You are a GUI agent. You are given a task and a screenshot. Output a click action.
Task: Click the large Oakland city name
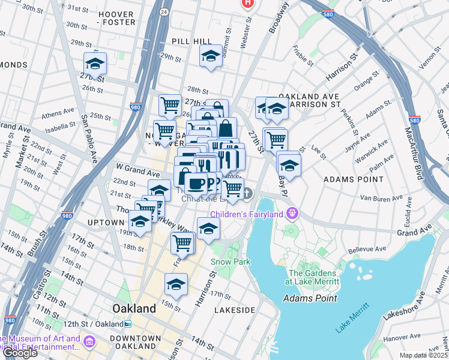(x=134, y=308)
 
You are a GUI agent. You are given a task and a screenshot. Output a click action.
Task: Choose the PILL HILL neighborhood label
(x=191, y=41)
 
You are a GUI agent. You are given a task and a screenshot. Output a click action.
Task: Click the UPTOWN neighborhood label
(x=105, y=223)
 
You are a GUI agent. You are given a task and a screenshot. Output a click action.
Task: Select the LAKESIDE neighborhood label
(x=234, y=310)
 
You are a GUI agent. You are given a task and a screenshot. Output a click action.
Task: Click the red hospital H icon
(x=247, y=4)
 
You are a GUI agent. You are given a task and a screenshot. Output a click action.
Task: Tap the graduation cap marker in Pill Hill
(x=211, y=56)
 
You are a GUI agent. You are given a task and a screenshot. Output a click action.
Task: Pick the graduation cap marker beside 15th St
(x=176, y=284)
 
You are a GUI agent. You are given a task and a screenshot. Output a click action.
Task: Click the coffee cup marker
(x=195, y=182)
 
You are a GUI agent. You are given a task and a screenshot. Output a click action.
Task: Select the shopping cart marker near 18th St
(x=182, y=242)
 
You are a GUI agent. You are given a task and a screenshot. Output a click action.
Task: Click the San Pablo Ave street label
(x=89, y=137)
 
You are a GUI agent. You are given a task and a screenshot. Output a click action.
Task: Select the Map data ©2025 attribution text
(x=424, y=355)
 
